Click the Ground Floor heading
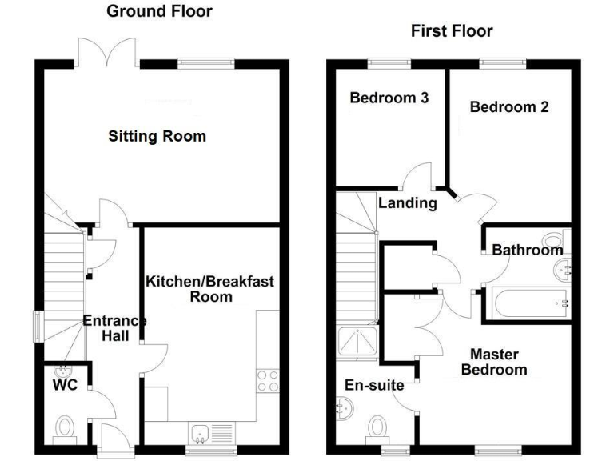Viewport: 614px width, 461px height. (159, 11)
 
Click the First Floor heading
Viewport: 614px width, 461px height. (452, 31)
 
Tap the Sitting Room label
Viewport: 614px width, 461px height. (157, 136)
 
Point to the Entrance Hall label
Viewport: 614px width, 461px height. (114, 328)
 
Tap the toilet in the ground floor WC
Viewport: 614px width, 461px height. (65, 429)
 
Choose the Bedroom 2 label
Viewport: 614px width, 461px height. (509, 106)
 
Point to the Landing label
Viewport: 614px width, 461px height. (408, 202)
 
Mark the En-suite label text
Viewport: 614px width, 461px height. (373, 386)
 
